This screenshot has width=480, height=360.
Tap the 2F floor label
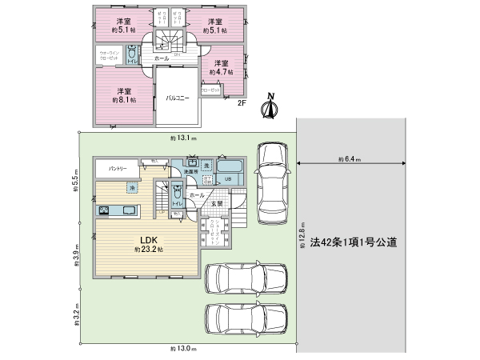(x=242, y=102)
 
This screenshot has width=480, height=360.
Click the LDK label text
(x=149, y=239)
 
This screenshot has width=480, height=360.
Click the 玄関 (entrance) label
(x=217, y=203)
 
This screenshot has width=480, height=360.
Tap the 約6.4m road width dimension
(x=350, y=159)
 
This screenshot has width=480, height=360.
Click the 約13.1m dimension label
(x=184, y=138)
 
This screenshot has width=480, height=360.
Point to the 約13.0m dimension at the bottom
(x=184, y=350)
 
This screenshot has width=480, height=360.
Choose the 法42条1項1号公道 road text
(x=354, y=240)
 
